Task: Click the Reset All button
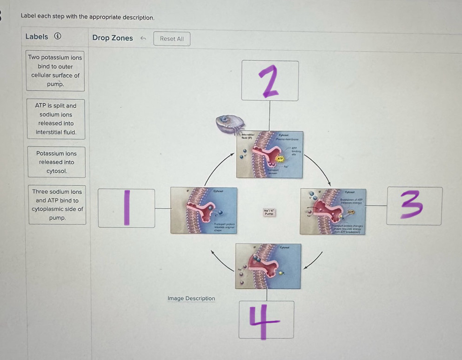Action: point(172,39)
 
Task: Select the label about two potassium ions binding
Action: point(55,71)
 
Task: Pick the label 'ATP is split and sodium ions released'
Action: point(56,119)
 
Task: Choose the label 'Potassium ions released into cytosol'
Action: point(57,162)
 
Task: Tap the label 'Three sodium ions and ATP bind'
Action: point(57,204)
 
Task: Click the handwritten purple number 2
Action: point(270,81)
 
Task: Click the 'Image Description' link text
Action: point(191,299)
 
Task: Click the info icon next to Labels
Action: point(57,37)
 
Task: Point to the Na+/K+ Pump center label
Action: point(268,213)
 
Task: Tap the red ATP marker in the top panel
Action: point(281,159)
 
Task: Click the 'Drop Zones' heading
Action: point(113,38)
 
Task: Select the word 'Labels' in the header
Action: point(37,37)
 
